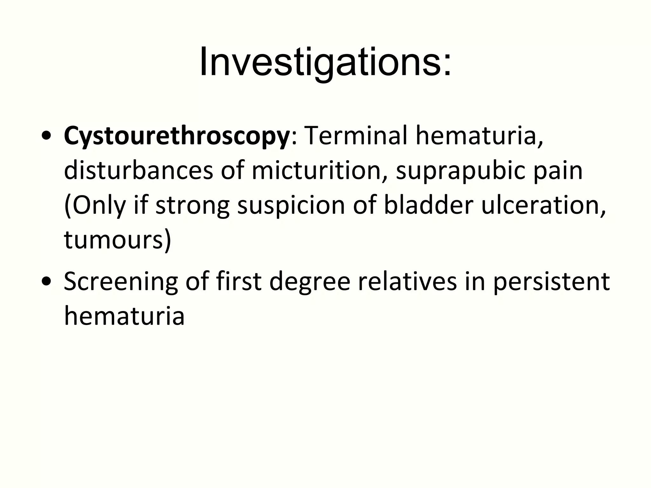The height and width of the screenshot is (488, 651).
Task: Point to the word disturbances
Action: [x=138, y=171]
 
